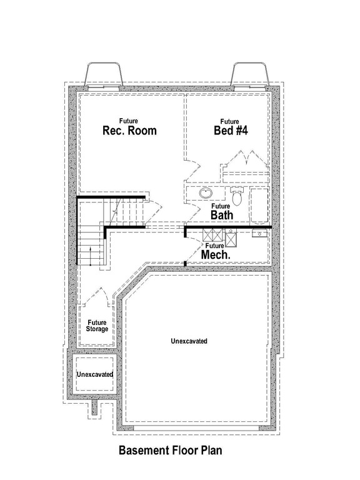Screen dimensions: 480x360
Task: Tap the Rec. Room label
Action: pyautogui.click(x=129, y=131)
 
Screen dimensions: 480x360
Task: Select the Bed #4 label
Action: pyautogui.click(x=229, y=131)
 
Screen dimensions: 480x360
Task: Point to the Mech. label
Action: pyautogui.click(x=216, y=255)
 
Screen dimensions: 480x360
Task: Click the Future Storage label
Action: pyautogui.click(x=97, y=325)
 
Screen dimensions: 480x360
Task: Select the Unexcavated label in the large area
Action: pyautogui.click(x=189, y=341)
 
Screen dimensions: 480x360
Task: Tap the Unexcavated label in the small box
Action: pyautogui.click(x=94, y=374)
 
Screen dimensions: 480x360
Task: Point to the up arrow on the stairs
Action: pyautogui.click(x=91, y=254)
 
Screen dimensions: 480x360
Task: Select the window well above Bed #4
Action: pyautogui.click(x=250, y=75)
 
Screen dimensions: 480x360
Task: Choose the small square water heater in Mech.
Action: pyautogui.click(x=231, y=239)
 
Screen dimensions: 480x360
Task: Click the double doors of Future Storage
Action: pyautogui.click(x=97, y=295)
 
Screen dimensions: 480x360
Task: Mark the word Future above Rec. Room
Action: pyautogui.click(x=129, y=121)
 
